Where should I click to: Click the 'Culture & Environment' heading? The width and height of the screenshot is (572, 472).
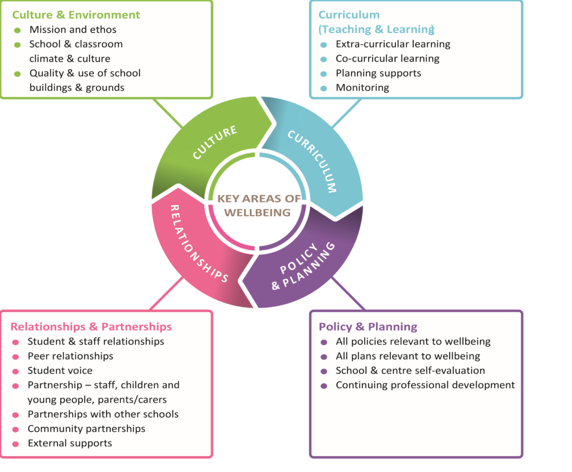point(76,15)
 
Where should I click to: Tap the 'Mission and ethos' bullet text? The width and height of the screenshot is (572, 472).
point(73,30)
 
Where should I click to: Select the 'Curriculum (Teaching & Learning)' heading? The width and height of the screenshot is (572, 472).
point(376,22)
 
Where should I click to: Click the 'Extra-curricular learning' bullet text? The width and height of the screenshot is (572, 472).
point(393,44)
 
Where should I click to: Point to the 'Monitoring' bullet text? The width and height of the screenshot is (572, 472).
point(362,88)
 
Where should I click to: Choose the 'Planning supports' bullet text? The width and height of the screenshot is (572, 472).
point(378,73)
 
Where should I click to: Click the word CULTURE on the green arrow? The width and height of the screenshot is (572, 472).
point(215,143)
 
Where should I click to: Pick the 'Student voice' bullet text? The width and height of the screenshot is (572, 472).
point(60,371)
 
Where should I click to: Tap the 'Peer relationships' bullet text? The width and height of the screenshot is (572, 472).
point(70,356)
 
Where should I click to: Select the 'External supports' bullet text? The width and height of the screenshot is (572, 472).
point(70,443)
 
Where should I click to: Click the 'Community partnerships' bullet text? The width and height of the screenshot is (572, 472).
point(87,429)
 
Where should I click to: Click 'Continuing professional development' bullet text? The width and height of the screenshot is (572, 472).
point(425,385)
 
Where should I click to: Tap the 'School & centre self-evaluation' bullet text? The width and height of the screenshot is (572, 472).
point(410,371)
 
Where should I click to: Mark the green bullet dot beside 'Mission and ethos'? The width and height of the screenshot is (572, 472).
point(17,30)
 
